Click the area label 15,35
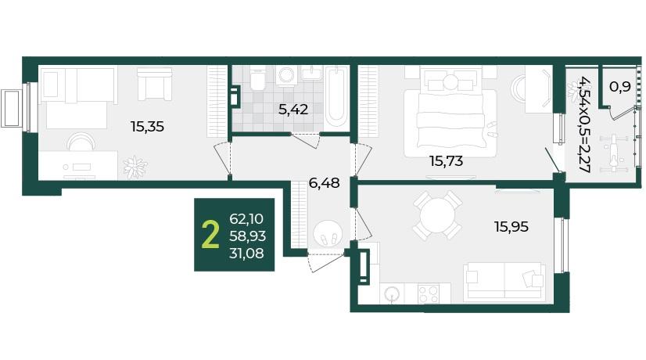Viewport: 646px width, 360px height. click(x=148, y=127)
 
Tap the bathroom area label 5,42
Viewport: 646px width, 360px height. click(x=293, y=110)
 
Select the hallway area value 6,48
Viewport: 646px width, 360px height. click(x=325, y=182)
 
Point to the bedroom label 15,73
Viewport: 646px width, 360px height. click(x=447, y=160)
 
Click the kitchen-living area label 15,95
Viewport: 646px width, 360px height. click(x=511, y=226)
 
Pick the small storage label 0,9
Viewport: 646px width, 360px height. click(x=620, y=87)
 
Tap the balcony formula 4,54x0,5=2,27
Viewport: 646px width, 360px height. click(x=583, y=124)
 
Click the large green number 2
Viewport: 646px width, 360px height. click(x=210, y=236)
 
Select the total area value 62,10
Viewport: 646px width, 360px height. click(x=246, y=218)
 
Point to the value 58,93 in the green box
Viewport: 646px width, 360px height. click(x=248, y=236)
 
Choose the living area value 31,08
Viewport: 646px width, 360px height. click(x=246, y=254)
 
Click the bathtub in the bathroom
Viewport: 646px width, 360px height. click(x=336, y=98)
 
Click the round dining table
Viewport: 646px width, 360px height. click(x=437, y=214)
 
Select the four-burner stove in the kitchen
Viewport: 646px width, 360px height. click(x=428, y=294)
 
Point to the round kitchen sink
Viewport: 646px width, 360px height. click(x=392, y=294)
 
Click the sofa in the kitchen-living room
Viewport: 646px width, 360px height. click(x=504, y=283)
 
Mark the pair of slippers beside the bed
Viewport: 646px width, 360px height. click(x=491, y=129)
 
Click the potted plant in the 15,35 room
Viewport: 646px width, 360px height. click(x=135, y=167)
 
